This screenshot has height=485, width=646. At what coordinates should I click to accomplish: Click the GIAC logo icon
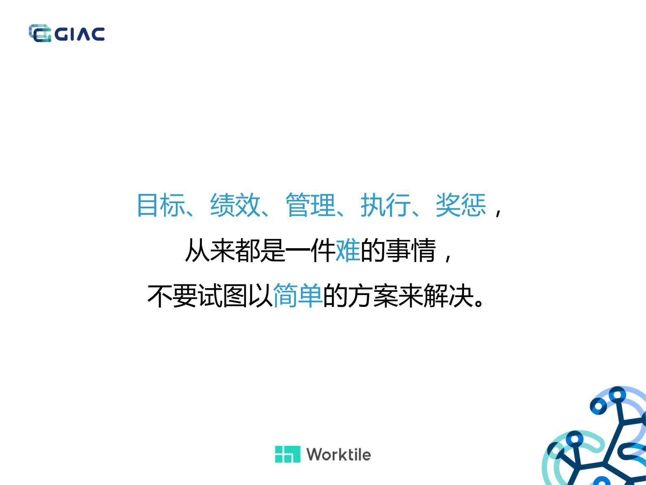point(40,33)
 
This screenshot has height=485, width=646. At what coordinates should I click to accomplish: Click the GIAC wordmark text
point(80,34)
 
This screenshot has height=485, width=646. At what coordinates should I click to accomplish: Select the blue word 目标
point(161,205)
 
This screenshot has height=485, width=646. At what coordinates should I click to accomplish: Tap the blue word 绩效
point(235,205)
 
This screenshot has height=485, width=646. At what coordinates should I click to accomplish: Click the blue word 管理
point(311,205)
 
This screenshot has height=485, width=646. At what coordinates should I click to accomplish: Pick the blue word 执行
point(385,205)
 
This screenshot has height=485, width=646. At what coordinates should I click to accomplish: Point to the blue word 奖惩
point(461,205)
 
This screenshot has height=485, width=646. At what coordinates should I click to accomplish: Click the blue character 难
point(348,250)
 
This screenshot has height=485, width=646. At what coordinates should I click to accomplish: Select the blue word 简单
point(298,295)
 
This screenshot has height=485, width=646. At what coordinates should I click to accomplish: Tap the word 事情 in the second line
point(411,250)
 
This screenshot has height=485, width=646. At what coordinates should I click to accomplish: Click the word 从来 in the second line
point(210,250)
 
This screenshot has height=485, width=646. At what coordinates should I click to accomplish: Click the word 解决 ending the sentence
point(448,295)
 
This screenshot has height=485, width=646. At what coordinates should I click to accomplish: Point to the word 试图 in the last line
point(223,295)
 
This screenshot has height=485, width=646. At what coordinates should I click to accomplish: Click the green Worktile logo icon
point(287,454)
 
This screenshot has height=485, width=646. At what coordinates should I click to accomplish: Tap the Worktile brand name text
point(339,454)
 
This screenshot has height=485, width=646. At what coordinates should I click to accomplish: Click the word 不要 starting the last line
point(172,295)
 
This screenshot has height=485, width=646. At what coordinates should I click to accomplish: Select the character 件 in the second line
point(323,250)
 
